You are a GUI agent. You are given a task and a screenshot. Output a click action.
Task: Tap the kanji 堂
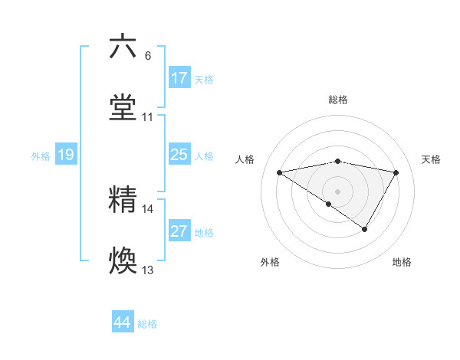click(x=123, y=107)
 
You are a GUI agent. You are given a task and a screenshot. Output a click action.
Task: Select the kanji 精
click(x=123, y=199)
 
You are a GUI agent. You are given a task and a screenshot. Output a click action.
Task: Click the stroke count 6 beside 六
click(x=148, y=56)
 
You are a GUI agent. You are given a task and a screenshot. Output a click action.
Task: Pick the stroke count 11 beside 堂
click(x=148, y=117)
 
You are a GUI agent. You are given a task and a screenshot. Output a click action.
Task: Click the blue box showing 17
click(x=179, y=78)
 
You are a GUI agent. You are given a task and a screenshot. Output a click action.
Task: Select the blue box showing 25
click(x=179, y=155)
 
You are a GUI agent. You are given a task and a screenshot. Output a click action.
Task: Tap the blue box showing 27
click(x=179, y=231)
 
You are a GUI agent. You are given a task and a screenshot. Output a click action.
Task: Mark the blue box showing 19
click(x=66, y=155)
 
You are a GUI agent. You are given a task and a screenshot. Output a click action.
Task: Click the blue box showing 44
click(x=123, y=323)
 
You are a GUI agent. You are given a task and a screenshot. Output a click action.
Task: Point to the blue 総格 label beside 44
click(x=147, y=324)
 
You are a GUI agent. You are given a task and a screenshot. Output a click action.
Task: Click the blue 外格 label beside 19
click(x=41, y=156)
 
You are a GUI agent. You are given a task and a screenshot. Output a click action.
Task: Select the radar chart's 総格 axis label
click(x=338, y=100)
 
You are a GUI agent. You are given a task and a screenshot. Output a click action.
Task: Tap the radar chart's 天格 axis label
click(x=432, y=159)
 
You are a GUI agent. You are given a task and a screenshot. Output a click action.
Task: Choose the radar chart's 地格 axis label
click(x=402, y=262)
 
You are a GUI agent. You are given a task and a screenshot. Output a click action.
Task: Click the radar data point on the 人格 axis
click(x=280, y=172)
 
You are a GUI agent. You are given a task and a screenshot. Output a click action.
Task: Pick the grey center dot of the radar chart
click(x=338, y=191)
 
